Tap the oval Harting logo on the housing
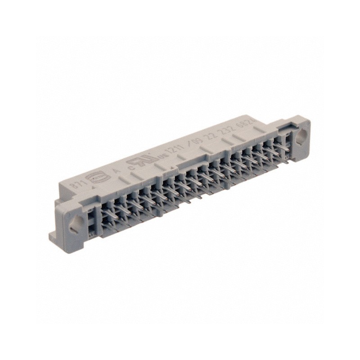pyautogui.click(x=97, y=177)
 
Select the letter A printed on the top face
pyautogui.click(x=115, y=171)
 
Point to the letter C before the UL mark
pyautogui.click(x=131, y=165)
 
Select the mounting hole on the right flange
pyautogui.click(x=301, y=135)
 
